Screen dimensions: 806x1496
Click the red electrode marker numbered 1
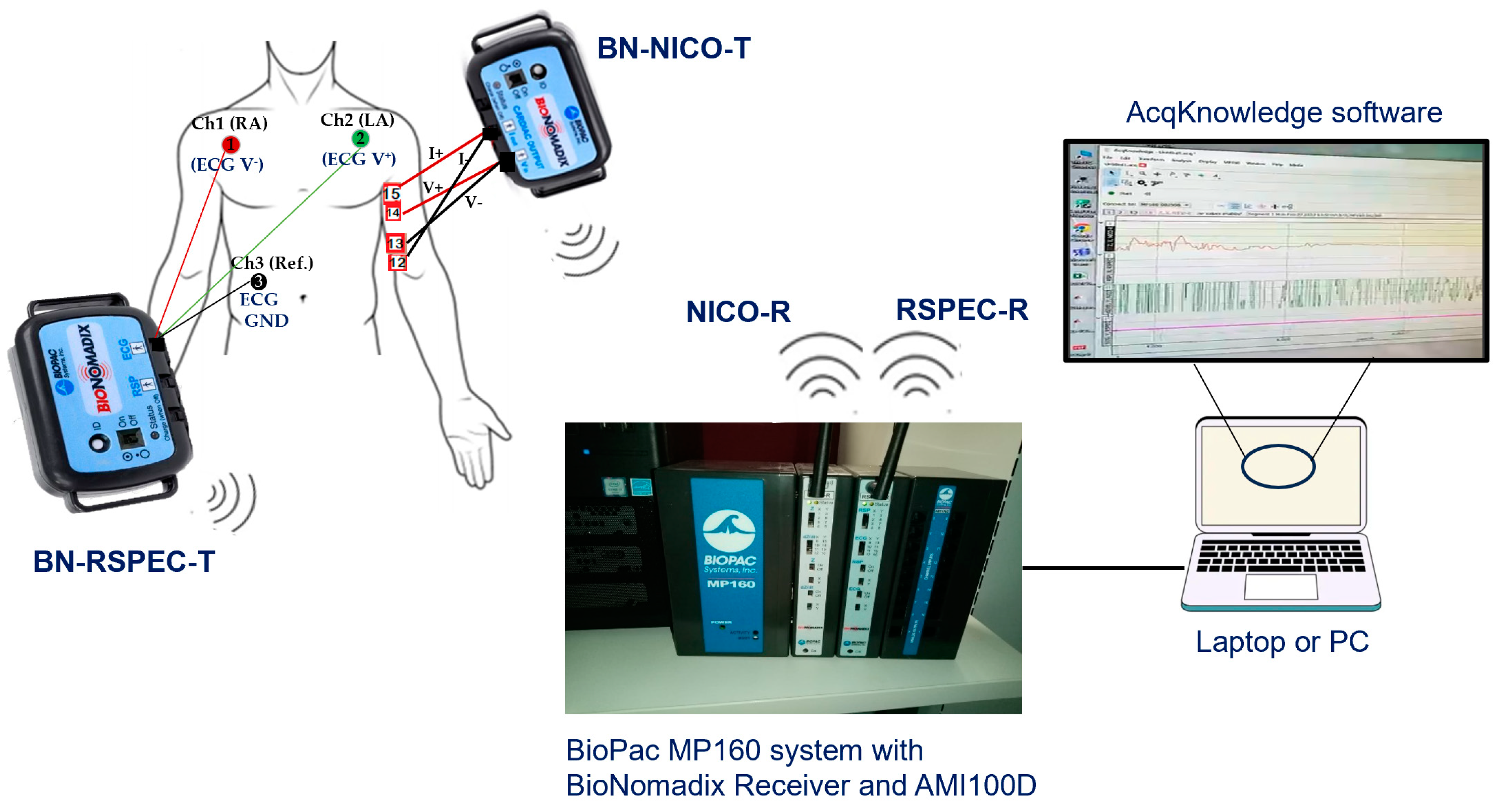[x=230, y=144]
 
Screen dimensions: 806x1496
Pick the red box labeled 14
[x=393, y=213]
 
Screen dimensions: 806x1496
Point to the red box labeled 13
[x=396, y=243]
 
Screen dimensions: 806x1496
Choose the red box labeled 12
[x=397, y=263]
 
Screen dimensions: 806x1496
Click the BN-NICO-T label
[x=674, y=48]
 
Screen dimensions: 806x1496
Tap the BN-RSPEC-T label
[x=124, y=562]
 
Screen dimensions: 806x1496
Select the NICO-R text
[x=738, y=312]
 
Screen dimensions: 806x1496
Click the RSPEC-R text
[x=962, y=310]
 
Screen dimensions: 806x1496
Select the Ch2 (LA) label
[x=357, y=120]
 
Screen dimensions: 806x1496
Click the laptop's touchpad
[x=1281, y=587]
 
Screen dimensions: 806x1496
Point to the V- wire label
[x=473, y=202]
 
